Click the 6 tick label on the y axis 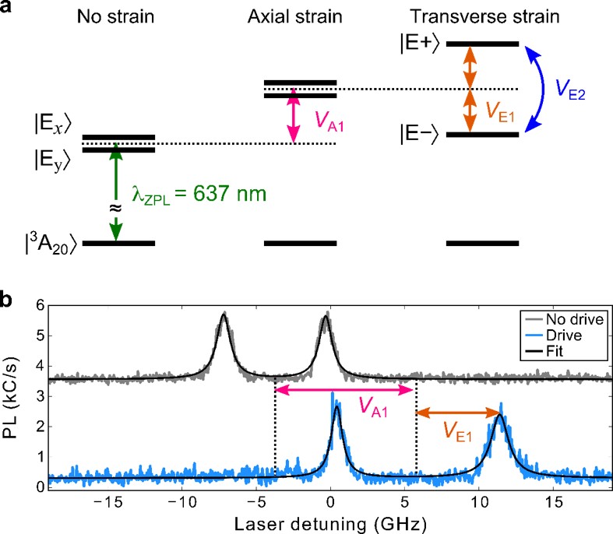tap(37, 306)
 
